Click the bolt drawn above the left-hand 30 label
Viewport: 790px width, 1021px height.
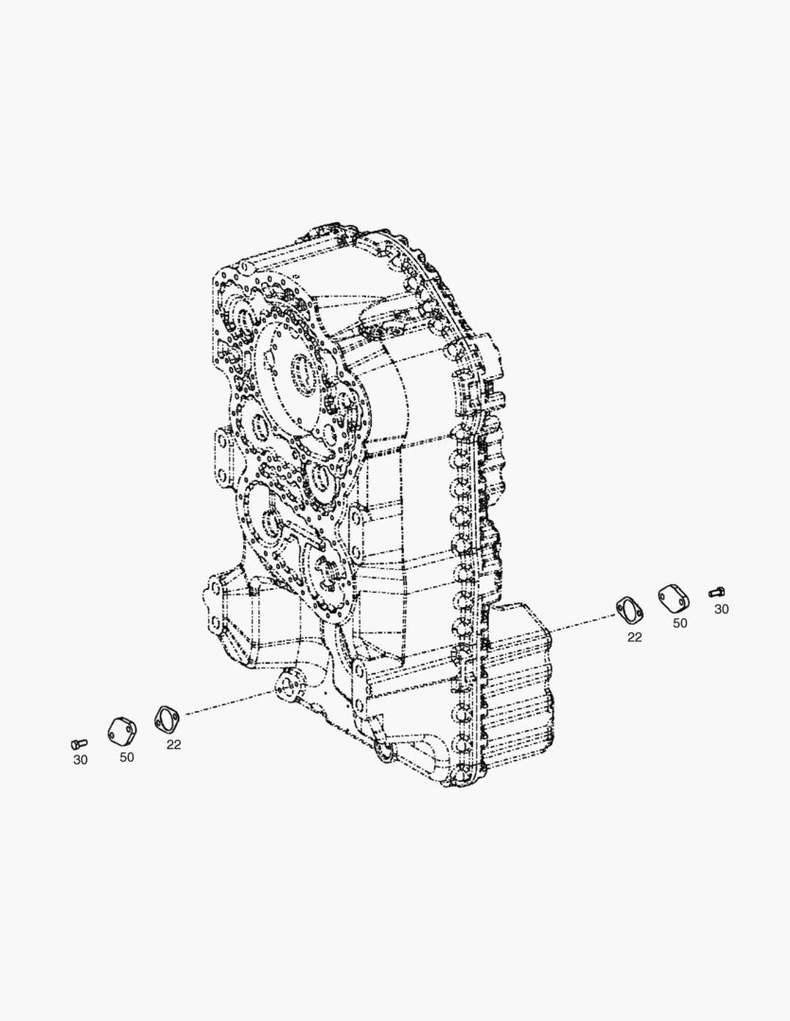pyautogui.click(x=79, y=744)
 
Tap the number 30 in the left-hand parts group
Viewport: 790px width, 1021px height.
pyautogui.click(x=80, y=760)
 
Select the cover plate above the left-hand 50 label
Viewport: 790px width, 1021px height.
pyautogui.click(x=122, y=731)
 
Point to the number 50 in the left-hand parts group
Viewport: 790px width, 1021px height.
pyautogui.click(x=127, y=757)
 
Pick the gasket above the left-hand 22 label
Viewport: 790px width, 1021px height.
pyautogui.click(x=167, y=719)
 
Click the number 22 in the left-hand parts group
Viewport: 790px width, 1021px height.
pyautogui.click(x=173, y=744)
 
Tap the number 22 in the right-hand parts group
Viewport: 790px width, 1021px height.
pyautogui.click(x=634, y=637)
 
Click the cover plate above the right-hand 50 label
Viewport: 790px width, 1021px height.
pyautogui.click(x=673, y=598)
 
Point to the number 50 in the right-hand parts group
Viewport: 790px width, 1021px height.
pyautogui.click(x=680, y=623)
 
